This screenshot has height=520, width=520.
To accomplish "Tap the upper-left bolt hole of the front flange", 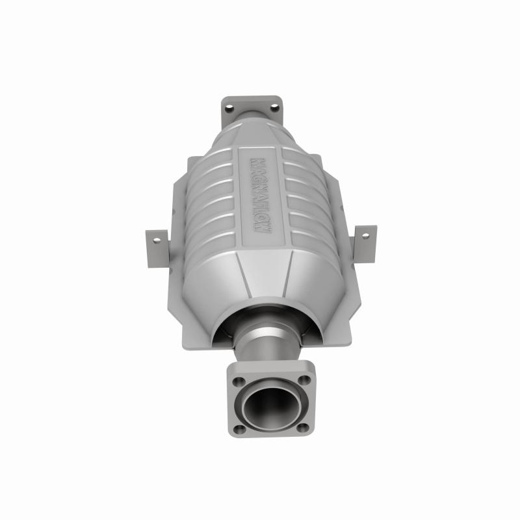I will pyautogui.click(x=239, y=382).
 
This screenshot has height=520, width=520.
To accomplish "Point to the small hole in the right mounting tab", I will pyautogui.click(x=365, y=237).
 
